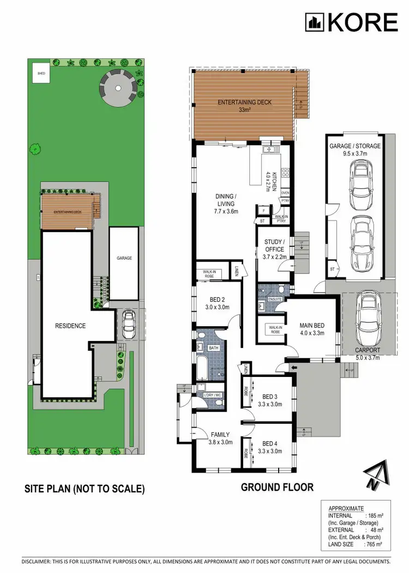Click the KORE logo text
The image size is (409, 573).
point(362,22)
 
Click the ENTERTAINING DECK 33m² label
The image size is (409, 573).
point(244,106)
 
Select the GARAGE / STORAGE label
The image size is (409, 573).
point(355,149)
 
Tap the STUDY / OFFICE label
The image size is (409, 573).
point(274,245)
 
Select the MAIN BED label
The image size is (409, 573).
point(312,330)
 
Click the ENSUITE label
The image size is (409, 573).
point(275,300)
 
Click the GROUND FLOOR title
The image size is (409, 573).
point(277,487)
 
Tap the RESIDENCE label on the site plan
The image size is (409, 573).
point(70,326)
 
